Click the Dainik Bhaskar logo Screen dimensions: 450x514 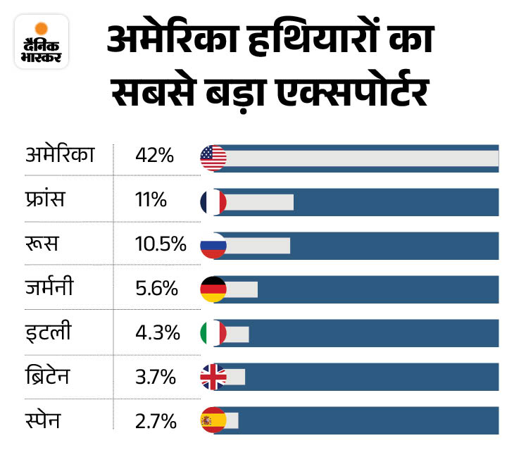pyautogui.click(x=41, y=42)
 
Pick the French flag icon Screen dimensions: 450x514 pyautogui.click(x=213, y=202)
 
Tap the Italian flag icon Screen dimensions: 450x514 pyautogui.click(x=213, y=333)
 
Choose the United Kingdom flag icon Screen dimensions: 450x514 pyautogui.click(x=213, y=377)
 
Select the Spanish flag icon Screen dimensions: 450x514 pyautogui.click(x=213, y=420)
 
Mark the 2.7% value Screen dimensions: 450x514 pyautogui.click(x=156, y=420)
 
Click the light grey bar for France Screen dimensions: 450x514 pyautogui.click(x=259, y=202)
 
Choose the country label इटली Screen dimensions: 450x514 pyautogui.click(x=44, y=332)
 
